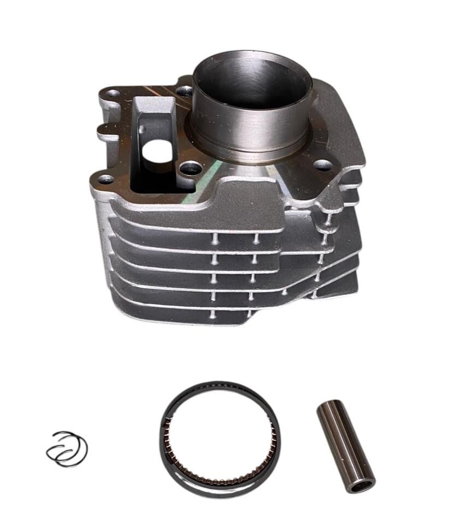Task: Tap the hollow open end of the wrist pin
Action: [x=362, y=484]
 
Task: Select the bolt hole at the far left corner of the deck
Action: [x=113, y=94]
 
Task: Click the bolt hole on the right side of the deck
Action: [x=323, y=164]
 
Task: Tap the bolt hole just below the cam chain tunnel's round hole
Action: [x=191, y=169]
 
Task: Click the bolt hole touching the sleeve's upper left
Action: [x=185, y=91]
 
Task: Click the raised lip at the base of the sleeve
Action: [x=251, y=156]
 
